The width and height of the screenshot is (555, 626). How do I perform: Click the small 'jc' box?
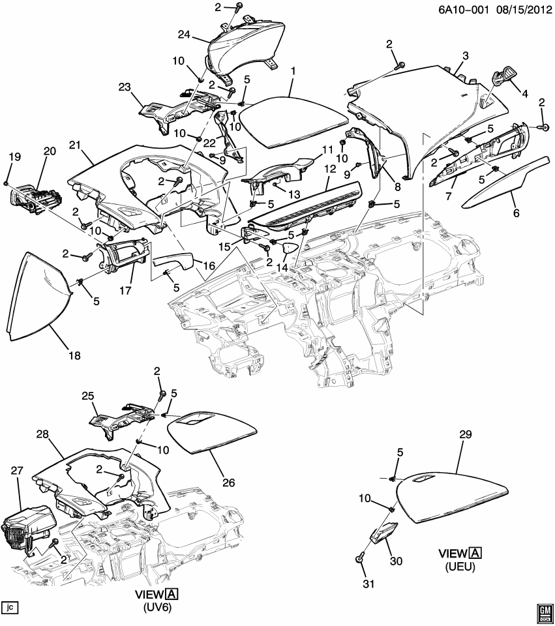coord(10,608)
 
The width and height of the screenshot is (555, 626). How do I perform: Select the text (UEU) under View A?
coord(460,567)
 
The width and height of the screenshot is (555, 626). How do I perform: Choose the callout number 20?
coord(50,151)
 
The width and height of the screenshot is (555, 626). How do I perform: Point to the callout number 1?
coord(293,70)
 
